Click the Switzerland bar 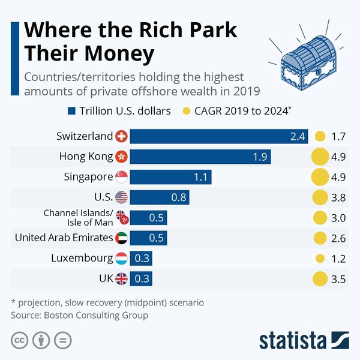[219, 136]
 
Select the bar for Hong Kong [200, 157]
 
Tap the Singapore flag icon [121, 177]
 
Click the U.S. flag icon [121, 197]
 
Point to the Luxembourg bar [141, 259]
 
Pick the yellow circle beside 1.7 [320, 136]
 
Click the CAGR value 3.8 [338, 197]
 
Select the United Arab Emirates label [64, 238]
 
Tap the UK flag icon [121, 279]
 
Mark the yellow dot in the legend [186, 111]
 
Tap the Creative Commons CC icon [20, 340]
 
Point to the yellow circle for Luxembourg [320, 259]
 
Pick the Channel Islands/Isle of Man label [77, 218]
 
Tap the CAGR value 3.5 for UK [338, 279]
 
